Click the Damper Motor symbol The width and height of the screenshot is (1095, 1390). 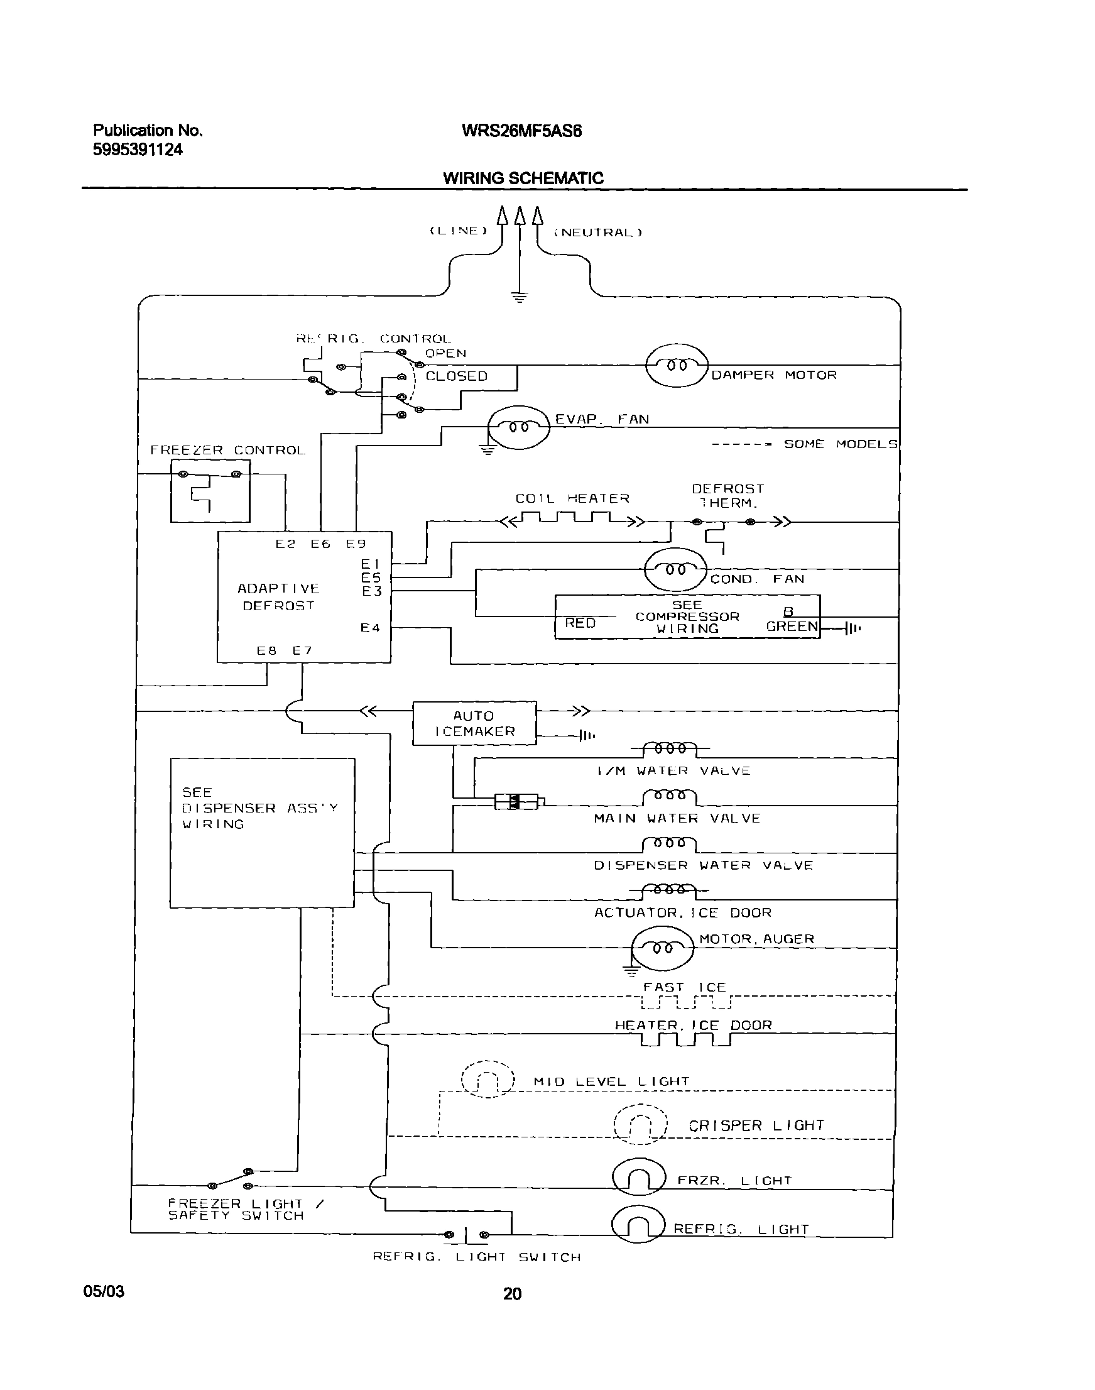point(677,366)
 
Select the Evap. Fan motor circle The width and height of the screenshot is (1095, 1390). point(519,426)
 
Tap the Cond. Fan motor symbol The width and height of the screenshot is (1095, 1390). point(675,569)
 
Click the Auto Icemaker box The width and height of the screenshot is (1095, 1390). point(474,723)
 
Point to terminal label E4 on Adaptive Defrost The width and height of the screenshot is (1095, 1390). point(370,628)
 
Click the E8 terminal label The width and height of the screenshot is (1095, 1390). point(266,650)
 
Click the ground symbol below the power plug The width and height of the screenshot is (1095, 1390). point(520,297)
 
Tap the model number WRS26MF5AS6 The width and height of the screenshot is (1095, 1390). point(521,131)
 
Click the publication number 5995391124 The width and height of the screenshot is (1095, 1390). point(138,150)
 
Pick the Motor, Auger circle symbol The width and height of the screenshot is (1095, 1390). point(662,948)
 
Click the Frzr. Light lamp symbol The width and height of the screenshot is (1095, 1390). point(638,1176)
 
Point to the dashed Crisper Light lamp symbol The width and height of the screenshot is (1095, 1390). point(640,1125)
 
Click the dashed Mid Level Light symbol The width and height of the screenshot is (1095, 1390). point(488,1079)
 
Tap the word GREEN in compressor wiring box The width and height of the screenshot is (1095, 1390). point(792,627)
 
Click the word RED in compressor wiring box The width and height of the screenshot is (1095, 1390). point(580,623)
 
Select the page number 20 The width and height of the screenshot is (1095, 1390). point(512,1294)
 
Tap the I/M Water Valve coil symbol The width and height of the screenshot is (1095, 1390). point(669,748)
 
